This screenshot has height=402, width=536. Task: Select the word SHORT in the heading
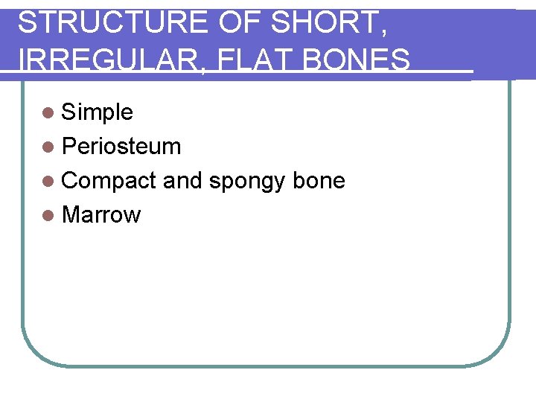click(325, 24)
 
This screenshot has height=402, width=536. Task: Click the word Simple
click(98, 112)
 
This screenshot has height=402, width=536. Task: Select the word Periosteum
click(121, 147)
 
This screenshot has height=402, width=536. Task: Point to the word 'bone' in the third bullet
click(319, 181)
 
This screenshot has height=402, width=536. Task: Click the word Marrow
click(101, 215)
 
